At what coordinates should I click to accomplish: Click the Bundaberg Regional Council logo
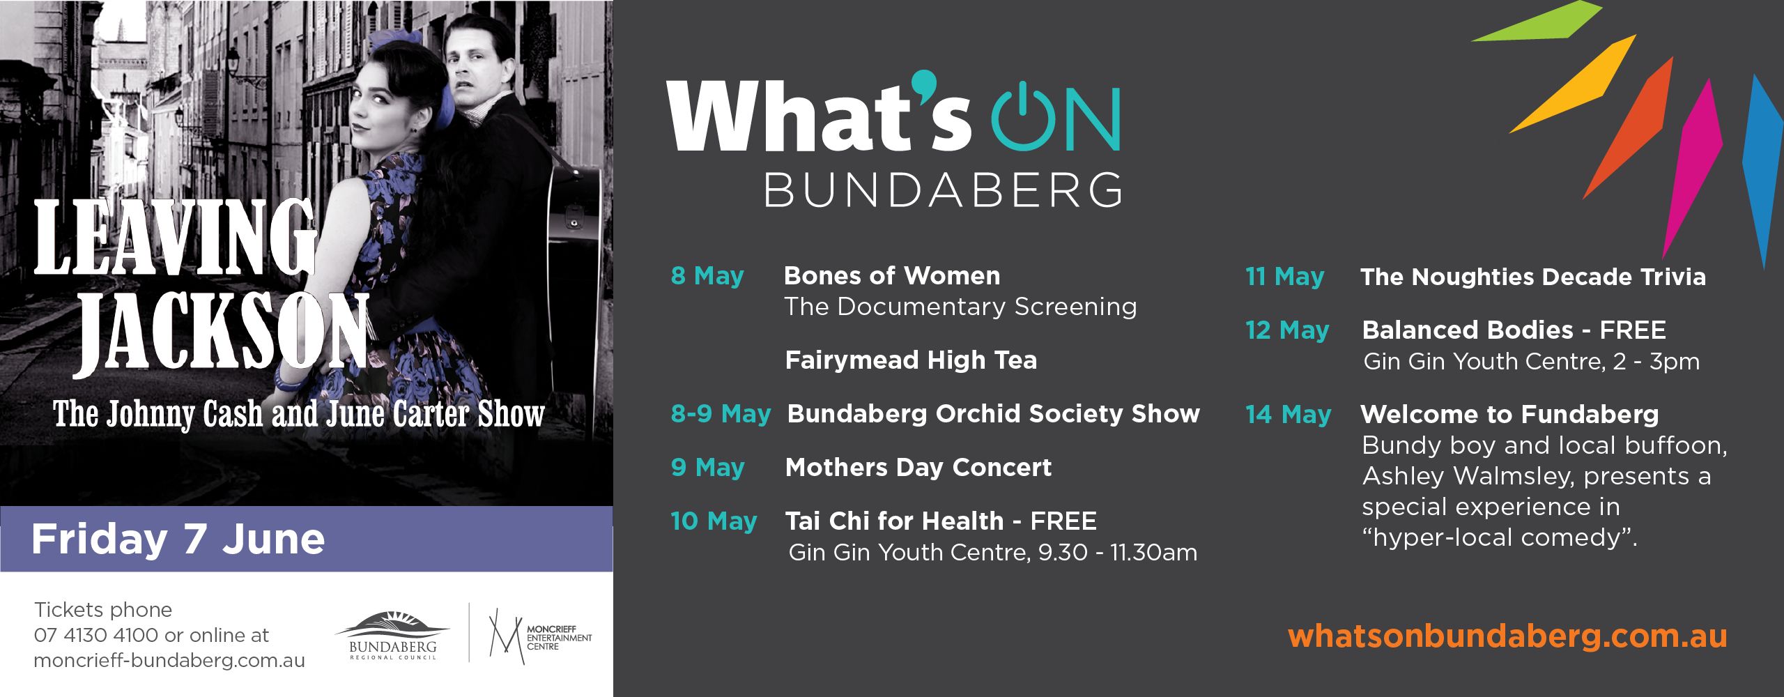(x=392, y=635)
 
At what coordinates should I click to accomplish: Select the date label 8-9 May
(x=721, y=414)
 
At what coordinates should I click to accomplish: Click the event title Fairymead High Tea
(x=911, y=360)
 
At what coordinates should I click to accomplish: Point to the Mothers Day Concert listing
(x=918, y=468)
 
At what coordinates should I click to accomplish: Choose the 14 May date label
(x=1288, y=415)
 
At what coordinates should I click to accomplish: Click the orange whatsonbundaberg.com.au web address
(x=1507, y=637)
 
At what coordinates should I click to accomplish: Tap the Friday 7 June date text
(x=178, y=539)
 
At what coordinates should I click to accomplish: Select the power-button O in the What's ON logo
(x=1023, y=118)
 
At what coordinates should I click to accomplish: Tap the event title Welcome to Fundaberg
(x=1509, y=415)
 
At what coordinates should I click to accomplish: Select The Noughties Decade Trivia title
(x=1533, y=277)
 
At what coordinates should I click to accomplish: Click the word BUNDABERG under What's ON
(x=944, y=190)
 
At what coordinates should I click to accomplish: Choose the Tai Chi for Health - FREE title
(x=941, y=521)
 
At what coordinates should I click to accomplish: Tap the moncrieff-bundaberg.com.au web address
(x=169, y=661)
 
